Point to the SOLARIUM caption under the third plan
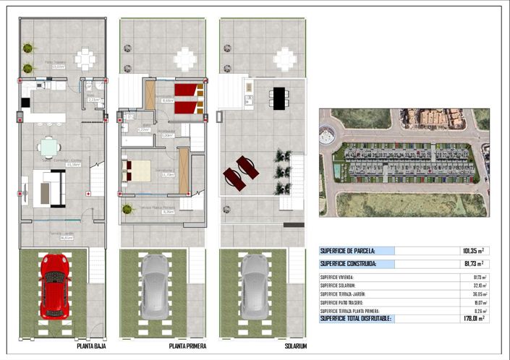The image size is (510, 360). click(294, 346)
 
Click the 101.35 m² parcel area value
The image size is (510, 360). click(472, 251)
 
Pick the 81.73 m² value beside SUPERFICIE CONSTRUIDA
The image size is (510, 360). click(472, 264)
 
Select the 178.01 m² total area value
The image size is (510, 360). click(472, 317)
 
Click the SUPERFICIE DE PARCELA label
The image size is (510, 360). click(348, 251)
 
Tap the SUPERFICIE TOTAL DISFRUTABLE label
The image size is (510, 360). click(356, 317)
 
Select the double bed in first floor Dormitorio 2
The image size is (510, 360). click(136, 171)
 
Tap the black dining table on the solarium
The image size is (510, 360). click(279, 97)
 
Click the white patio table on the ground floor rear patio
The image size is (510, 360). click(85, 57)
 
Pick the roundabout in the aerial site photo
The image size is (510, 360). click(330, 134)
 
